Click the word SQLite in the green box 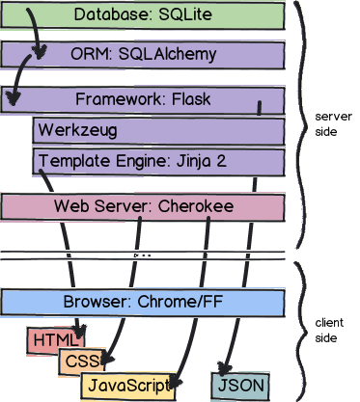pyautogui.click(x=185, y=14)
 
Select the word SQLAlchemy pyautogui.click(x=167, y=55)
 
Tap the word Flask pyautogui.click(x=191, y=99)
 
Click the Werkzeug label pyautogui.click(x=77, y=131)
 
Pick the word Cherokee pyautogui.click(x=196, y=206)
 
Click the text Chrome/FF pyautogui.click(x=180, y=302)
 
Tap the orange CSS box pyautogui.click(x=82, y=362)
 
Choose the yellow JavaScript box pyautogui.click(x=127, y=386)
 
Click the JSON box pyautogui.click(x=240, y=386)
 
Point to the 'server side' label pyautogui.click(x=333, y=124)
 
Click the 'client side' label pyautogui.click(x=329, y=330)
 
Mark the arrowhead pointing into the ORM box pyautogui.click(x=40, y=52)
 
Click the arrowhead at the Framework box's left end pyautogui.click(x=13, y=97)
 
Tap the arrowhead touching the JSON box pyautogui.click(x=225, y=369)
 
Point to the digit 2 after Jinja pyautogui.click(x=221, y=161)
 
